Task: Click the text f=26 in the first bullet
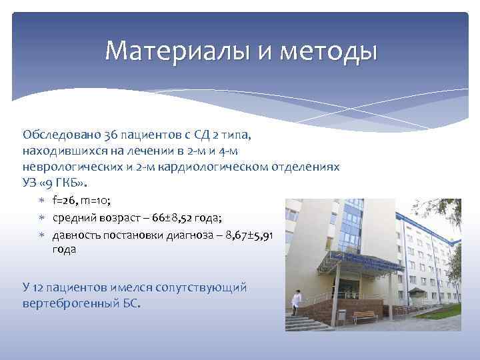click(x=66, y=201)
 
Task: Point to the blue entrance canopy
click(x=360, y=261)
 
